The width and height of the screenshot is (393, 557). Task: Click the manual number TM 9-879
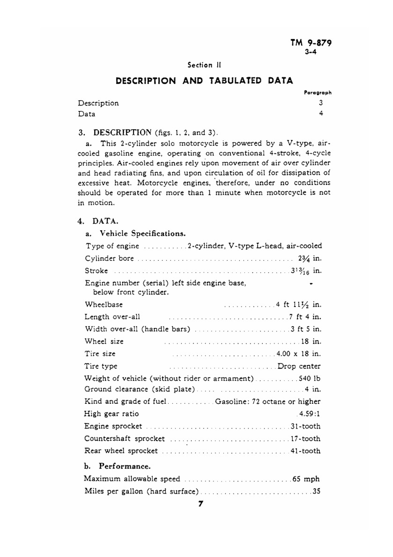point(311,43)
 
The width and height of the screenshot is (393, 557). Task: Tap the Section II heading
point(204,65)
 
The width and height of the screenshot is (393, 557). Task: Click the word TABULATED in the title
point(235,81)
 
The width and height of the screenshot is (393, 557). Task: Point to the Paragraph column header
point(318,93)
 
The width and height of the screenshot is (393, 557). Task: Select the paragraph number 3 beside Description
point(321,103)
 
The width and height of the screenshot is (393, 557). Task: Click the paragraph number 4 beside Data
point(321,114)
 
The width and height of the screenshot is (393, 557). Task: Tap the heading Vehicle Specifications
point(142,234)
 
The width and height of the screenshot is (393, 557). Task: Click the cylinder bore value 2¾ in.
point(310,258)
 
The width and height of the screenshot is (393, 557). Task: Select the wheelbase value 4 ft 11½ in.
point(299,304)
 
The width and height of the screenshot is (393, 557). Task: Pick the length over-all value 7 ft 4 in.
point(305,317)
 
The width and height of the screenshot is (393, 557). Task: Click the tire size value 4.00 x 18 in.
point(299,354)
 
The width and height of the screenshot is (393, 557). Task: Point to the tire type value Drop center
point(299,366)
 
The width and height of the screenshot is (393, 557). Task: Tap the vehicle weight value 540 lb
point(310,379)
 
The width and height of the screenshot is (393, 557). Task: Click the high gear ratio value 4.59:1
point(309,414)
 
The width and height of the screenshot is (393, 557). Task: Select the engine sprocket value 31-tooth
point(305,426)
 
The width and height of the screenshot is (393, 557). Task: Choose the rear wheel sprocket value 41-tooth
point(305,451)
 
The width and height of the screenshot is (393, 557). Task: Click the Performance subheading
point(125,466)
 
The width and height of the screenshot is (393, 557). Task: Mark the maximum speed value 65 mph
point(306,479)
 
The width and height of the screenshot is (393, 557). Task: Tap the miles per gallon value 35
point(316,491)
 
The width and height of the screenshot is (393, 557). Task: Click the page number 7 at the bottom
point(201,504)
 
